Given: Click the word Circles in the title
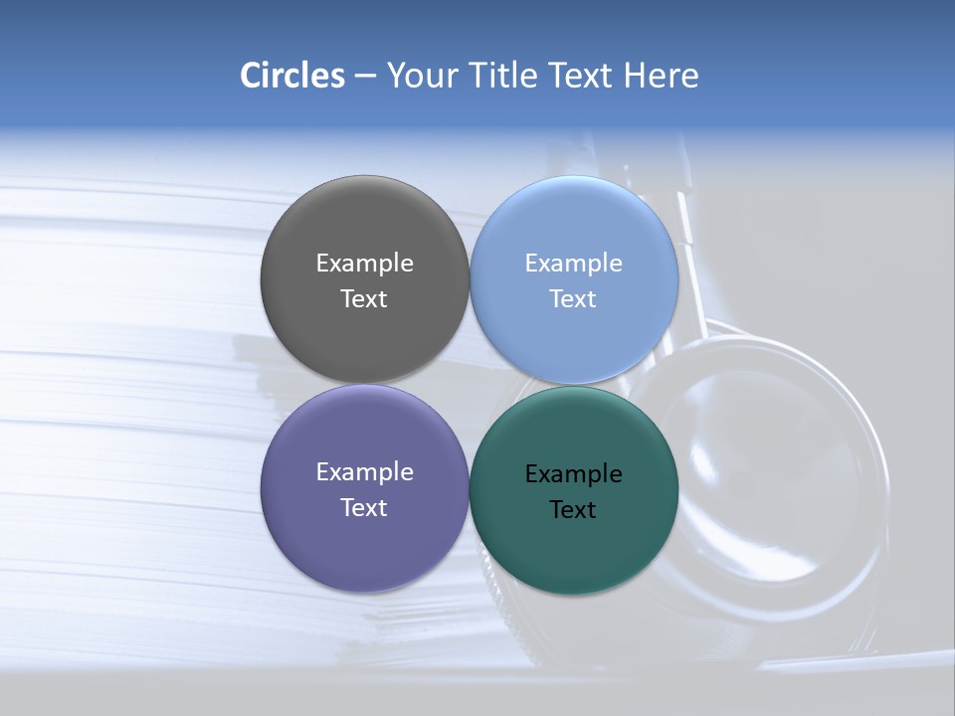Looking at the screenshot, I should coord(292,76).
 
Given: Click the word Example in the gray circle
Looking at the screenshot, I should coord(364,264).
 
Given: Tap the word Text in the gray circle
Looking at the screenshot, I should coord(364,299).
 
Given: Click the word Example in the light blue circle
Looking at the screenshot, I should coord(573,264).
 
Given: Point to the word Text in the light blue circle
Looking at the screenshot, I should coord(573,299).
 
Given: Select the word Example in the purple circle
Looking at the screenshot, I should coord(364,472).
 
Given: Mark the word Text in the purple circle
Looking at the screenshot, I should coord(364,508).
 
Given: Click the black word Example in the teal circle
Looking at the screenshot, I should coord(573,474).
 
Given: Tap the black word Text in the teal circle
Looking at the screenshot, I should coord(573,510).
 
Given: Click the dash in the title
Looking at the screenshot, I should coord(365,76).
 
